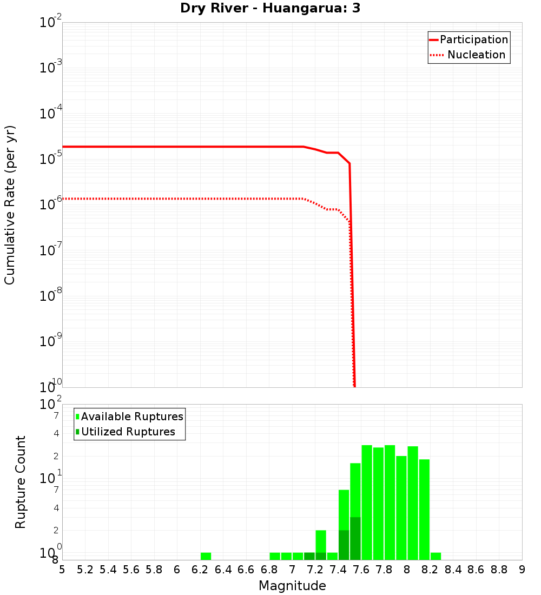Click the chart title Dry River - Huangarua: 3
270,8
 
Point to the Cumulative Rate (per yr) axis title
10,204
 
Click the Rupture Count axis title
21,481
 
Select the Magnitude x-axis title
292,586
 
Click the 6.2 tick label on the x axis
200,570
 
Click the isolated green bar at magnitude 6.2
206,556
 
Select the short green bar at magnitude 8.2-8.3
436,556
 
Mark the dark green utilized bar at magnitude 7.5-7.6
355,538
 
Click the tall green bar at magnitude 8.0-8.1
413,503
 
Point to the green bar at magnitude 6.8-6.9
275,556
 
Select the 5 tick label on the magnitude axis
62,570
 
